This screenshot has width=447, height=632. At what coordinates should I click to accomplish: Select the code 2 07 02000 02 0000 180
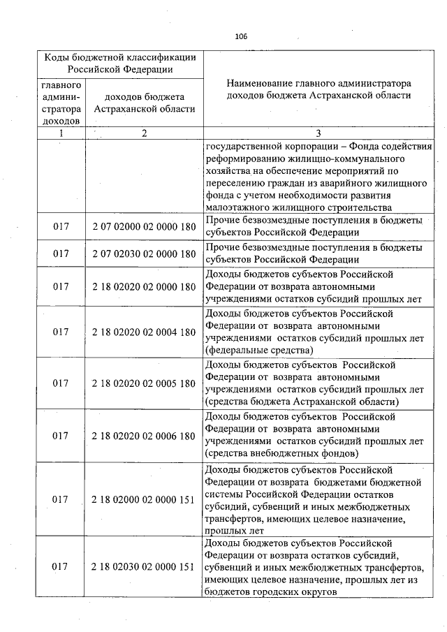pyautogui.click(x=143, y=227)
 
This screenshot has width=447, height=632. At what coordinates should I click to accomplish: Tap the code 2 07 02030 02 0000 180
pyautogui.click(x=143, y=254)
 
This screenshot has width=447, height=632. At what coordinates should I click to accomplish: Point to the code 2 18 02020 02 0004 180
pyautogui.click(x=143, y=332)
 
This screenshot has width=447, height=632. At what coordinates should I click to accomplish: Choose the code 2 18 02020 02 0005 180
pyautogui.click(x=143, y=383)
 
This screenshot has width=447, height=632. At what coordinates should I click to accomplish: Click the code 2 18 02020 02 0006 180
pyautogui.click(x=143, y=436)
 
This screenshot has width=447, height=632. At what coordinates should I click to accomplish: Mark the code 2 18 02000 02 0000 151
pyautogui.click(x=143, y=499)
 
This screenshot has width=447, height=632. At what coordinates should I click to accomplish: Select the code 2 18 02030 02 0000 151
pyautogui.click(x=143, y=567)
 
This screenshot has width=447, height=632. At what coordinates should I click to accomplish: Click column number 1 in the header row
pyautogui.click(x=61, y=133)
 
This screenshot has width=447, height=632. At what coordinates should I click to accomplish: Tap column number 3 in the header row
pyautogui.click(x=318, y=133)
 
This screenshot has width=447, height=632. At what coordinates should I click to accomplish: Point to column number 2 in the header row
pyautogui.click(x=144, y=133)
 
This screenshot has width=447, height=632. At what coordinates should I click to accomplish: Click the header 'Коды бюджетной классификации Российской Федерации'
pyautogui.click(x=120, y=63)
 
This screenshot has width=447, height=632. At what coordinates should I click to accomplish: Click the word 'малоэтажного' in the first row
pyautogui.click(x=238, y=207)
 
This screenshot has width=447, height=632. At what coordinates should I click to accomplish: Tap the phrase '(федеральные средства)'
pyautogui.click(x=259, y=350)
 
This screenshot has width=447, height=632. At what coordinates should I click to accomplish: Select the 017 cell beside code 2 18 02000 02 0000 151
pyautogui.click(x=61, y=499)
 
